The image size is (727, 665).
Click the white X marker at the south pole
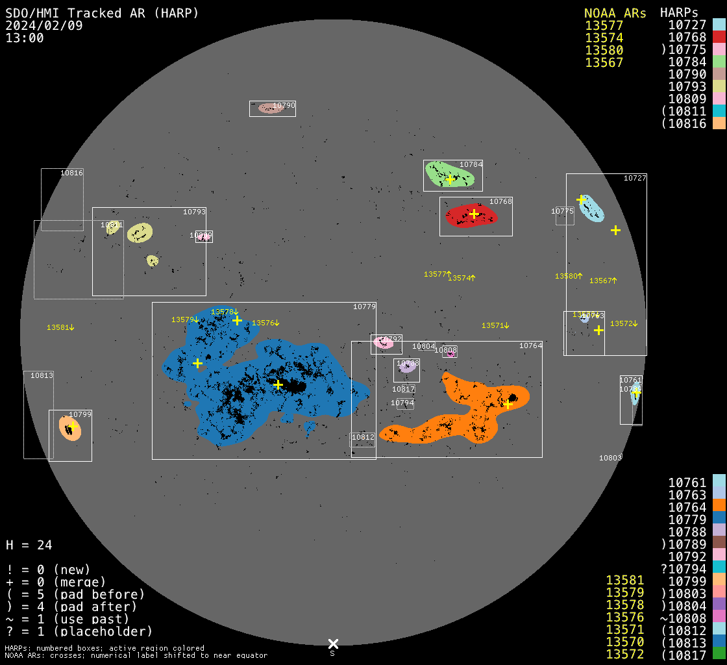333,644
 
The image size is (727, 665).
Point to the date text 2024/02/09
44,25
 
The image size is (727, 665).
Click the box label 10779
364,307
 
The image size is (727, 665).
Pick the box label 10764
530,345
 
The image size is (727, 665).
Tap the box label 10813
42,375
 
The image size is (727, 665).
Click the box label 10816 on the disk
71,173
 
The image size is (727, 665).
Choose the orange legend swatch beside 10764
719,507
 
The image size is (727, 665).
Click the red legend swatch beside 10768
719,37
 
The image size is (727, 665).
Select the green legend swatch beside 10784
719,62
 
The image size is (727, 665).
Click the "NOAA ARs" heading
615,13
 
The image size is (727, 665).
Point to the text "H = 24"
29,545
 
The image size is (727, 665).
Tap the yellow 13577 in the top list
604,25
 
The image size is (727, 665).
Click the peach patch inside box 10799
69,428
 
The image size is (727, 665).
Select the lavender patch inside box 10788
407,367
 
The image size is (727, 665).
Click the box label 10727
634,178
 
